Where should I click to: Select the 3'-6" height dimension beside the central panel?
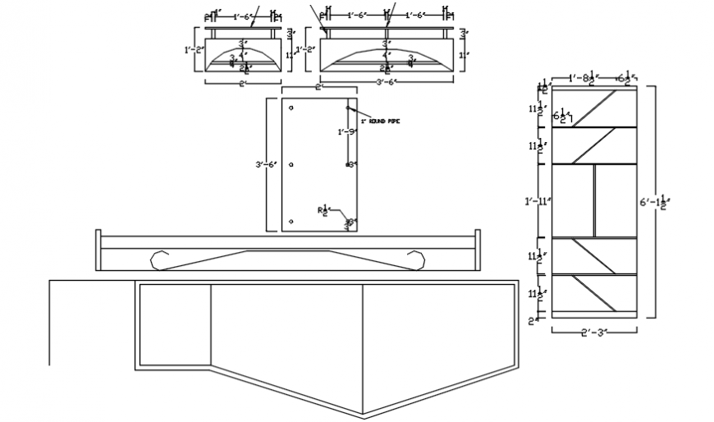[x=267, y=165]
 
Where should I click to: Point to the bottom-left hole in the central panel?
[x=291, y=221]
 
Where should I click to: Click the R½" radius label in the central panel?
[x=323, y=210]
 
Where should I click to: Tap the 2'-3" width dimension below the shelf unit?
[x=593, y=332]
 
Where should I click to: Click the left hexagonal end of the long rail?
[x=160, y=259]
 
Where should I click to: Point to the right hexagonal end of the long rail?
[x=416, y=259]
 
